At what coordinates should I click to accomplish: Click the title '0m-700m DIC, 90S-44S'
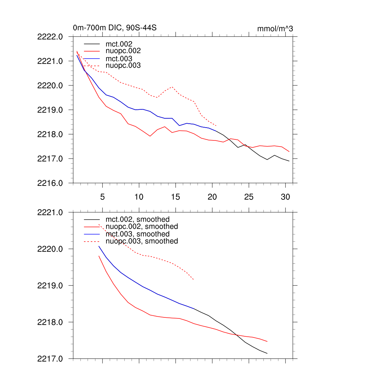pos(115,28)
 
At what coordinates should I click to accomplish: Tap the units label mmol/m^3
pos(275,29)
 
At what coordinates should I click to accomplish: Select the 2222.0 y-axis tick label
pos(50,36)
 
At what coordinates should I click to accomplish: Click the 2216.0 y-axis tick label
pos(50,183)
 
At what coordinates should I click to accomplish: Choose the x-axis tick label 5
pos(102,197)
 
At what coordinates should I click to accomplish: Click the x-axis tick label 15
pos(175,197)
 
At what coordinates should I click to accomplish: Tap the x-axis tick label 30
pos(285,197)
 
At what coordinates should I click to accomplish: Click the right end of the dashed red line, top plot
pos(217,126)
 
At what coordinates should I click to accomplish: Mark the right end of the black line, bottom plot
pos(267,353)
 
